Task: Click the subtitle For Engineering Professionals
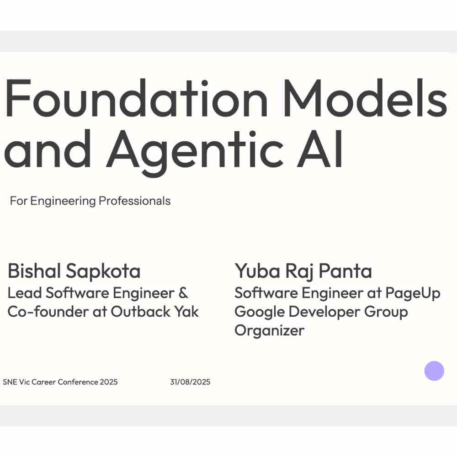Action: [x=90, y=201]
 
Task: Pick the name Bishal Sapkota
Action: [x=74, y=271]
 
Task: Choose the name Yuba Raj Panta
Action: [x=303, y=271]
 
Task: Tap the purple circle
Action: [x=434, y=371]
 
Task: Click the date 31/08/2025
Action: [x=190, y=382]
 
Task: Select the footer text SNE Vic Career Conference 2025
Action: [x=60, y=382]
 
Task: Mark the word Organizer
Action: [x=269, y=330]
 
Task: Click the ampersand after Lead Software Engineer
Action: [x=183, y=293]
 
